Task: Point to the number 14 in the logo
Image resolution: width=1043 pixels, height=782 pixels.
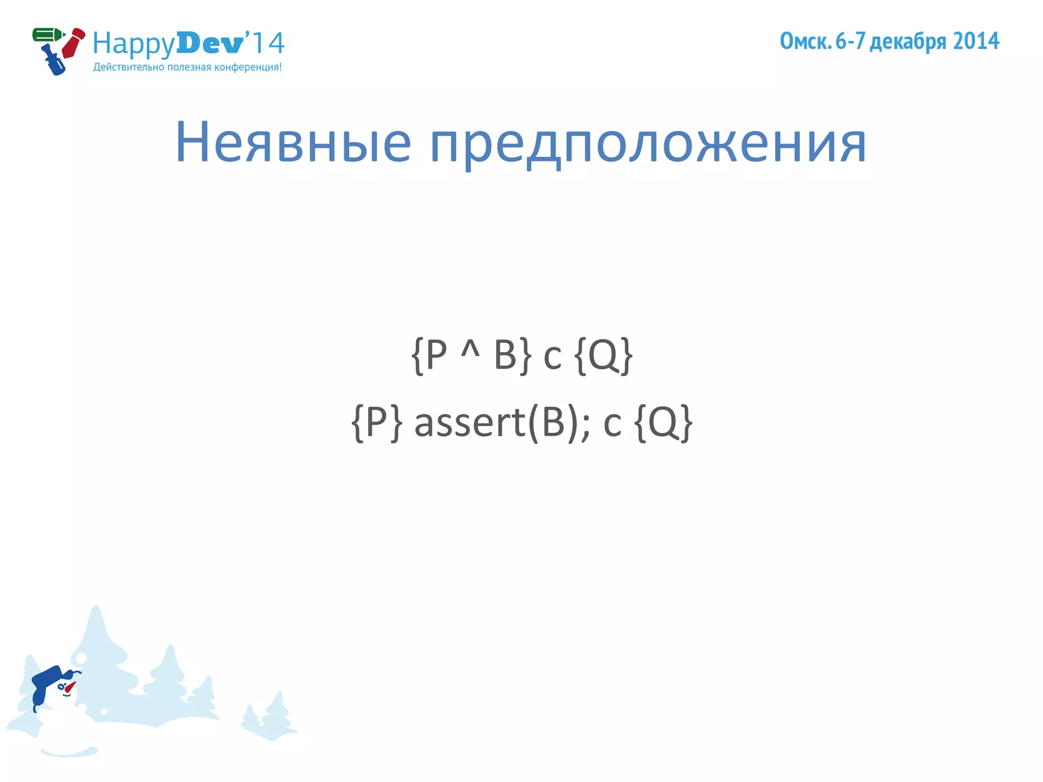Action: coord(268,43)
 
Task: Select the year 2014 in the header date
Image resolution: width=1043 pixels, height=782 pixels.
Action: coord(976,41)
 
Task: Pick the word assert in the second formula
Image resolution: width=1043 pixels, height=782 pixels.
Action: coord(470,423)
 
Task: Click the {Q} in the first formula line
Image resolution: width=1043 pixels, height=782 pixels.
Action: coord(603,355)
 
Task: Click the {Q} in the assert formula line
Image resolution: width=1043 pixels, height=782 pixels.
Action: coord(664,423)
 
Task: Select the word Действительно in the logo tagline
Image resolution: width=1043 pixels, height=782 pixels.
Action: coord(129,67)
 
